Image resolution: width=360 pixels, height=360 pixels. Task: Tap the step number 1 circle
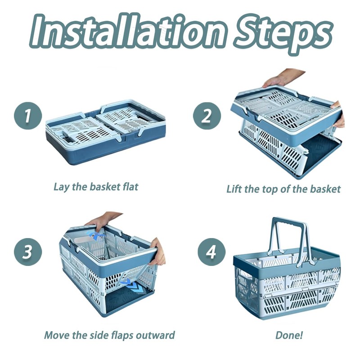pyautogui.click(x=28, y=116)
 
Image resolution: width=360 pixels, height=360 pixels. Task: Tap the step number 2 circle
pyautogui.click(x=207, y=116)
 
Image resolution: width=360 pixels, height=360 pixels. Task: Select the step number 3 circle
pyautogui.click(x=28, y=252)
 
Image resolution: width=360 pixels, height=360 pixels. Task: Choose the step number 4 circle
pyautogui.click(x=211, y=252)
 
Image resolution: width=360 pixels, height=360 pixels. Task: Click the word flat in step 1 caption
pyautogui.click(x=130, y=186)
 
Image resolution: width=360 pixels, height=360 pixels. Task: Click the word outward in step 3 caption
pyautogui.click(x=155, y=335)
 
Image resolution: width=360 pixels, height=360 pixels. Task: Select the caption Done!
pyautogui.click(x=289, y=335)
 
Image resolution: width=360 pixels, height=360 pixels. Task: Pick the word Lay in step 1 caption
pyautogui.click(x=61, y=186)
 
